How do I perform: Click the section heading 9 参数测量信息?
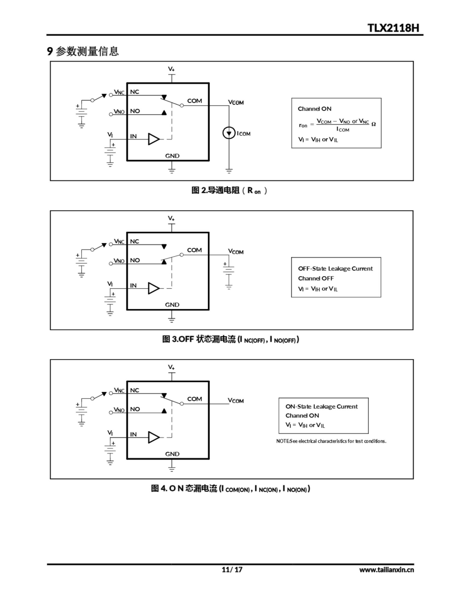tap(83, 51)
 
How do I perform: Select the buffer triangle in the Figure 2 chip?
tap(154, 139)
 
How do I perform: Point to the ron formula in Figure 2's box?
tap(337, 125)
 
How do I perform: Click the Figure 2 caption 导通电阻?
tap(229, 190)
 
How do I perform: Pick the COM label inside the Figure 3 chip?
tap(194, 250)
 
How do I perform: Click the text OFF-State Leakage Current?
tap(335, 268)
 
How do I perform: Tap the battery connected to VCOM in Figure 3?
tap(229, 270)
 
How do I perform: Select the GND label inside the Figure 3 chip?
tap(172, 305)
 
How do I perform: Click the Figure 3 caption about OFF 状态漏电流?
tap(230, 340)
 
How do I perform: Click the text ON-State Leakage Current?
tap(321, 406)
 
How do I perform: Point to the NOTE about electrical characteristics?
tap(331, 441)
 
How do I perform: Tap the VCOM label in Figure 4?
tap(236, 401)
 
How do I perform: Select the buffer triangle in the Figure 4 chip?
tap(154, 437)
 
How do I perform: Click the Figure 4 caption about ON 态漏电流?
tap(230, 489)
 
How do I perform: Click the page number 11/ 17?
tap(232, 569)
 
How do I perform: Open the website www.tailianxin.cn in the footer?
tap(386, 570)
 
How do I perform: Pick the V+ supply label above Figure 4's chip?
tap(171, 367)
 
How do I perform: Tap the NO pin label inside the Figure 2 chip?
tap(135, 111)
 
